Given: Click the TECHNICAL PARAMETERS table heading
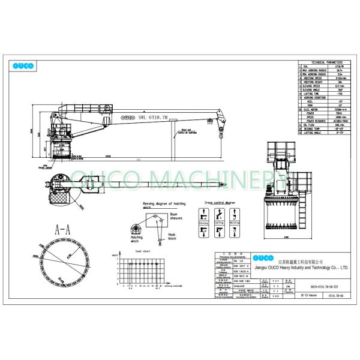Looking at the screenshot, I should point(323,62).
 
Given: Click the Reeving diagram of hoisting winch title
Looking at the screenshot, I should point(163,205).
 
